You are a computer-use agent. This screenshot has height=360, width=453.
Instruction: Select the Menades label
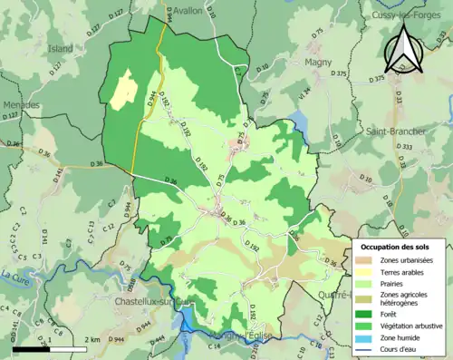[x=20, y=105]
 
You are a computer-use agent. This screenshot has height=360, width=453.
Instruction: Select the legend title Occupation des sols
[x=396, y=247]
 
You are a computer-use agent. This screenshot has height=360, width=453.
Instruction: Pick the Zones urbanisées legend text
[x=408, y=260]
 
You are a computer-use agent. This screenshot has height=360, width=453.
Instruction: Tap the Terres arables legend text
[x=405, y=272]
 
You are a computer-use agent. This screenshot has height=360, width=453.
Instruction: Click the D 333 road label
[x=406, y=147]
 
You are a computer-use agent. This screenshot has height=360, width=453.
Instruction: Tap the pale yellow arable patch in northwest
[x=120, y=91]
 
